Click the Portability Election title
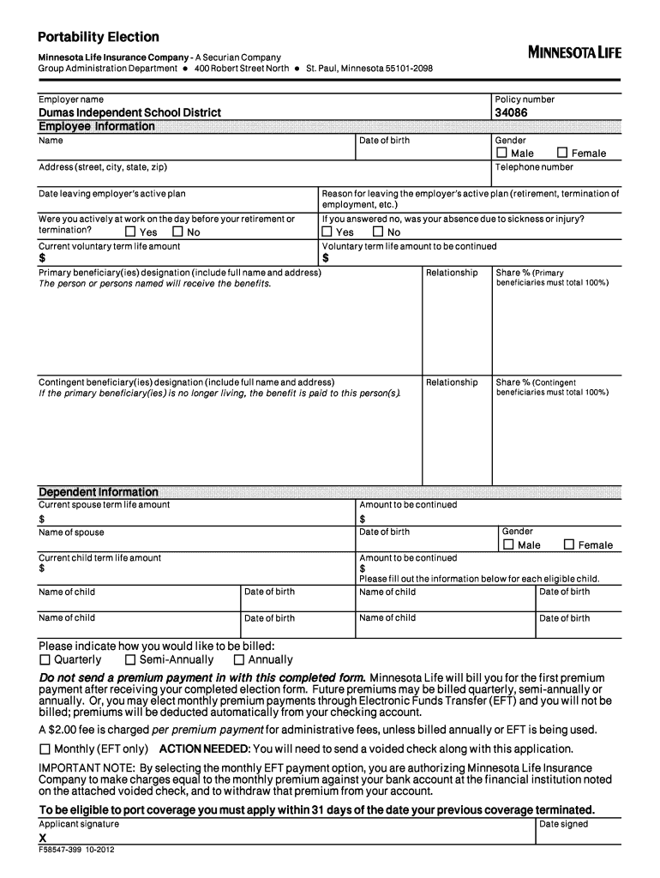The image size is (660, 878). pos(98,37)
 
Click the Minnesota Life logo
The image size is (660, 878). pos(574,52)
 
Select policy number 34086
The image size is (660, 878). pos(511,112)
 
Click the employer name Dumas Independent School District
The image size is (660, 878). pos(129,112)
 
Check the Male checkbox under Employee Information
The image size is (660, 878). pos(501,153)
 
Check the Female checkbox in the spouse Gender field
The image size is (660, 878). pos(568,544)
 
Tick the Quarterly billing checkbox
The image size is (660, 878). pos(45,660)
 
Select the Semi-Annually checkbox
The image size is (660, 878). pos(130,660)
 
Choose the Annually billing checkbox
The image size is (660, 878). pos(239,660)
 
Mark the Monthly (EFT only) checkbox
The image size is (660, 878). pos(45,749)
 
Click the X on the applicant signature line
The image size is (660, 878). pos(43,838)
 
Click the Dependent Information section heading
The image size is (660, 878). pos(99,492)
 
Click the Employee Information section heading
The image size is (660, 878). pos(97,127)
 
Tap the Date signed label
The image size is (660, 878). pos(563,824)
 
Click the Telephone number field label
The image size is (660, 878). pos(534,167)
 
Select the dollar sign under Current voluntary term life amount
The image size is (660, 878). pos(42,258)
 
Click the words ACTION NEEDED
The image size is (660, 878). pos(210,749)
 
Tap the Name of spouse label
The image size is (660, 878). pos(71,532)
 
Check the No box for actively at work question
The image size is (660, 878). pos(177,232)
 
